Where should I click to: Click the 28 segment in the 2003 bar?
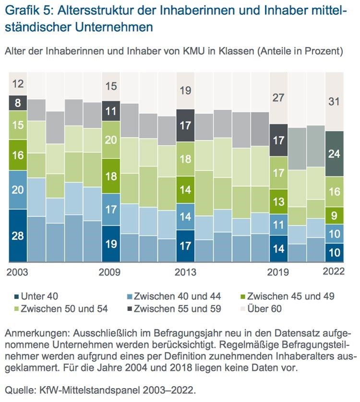pos(18,236)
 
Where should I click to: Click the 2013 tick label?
pos(185,272)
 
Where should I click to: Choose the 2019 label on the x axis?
pos(277,272)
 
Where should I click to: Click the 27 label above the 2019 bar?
pos(278,97)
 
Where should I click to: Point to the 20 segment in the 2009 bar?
pos(111,140)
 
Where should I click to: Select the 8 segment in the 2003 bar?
pos(18,103)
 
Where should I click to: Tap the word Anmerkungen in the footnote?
pos(36,333)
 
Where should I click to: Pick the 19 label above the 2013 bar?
pos(185,90)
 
